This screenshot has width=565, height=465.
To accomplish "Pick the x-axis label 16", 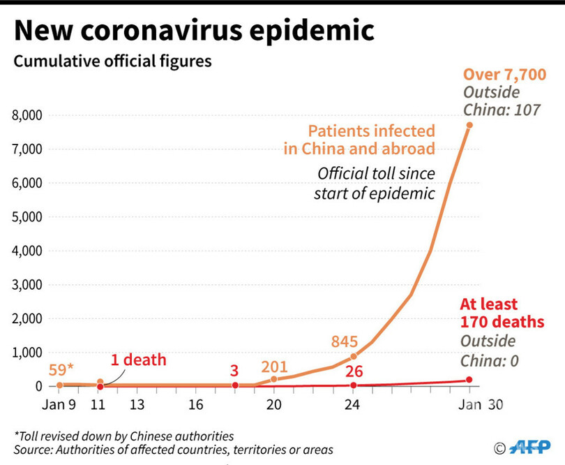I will coord(196,405).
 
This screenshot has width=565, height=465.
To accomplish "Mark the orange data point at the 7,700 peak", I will coord(469,125).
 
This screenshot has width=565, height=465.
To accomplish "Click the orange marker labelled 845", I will coord(353,357).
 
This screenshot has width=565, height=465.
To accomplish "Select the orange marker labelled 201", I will coord(273,379).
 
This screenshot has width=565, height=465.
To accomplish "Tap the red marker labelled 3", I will coord(235,385).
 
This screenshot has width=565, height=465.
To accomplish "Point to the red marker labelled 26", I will coord(353,385).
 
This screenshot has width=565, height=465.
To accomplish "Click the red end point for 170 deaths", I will coord(469,380).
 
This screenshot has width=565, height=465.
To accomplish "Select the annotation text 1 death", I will coord(140,360).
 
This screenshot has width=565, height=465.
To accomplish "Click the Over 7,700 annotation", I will coord(504,75).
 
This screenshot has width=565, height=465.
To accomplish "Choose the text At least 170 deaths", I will coord(502,313).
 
